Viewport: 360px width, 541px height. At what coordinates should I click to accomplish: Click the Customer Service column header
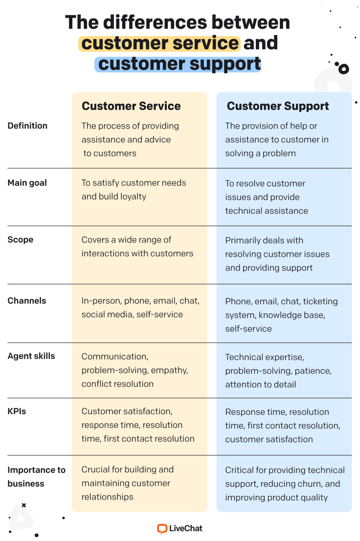click(x=131, y=106)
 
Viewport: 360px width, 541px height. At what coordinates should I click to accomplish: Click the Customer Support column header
click(x=278, y=106)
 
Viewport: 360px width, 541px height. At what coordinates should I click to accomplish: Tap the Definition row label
click(x=27, y=126)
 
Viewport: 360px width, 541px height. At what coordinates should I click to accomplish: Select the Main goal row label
click(x=27, y=183)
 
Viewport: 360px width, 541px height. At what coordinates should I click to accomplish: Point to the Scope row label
click(x=21, y=240)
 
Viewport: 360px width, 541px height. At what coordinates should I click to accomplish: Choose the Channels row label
click(x=27, y=301)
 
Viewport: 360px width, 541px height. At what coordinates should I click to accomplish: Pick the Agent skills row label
click(x=31, y=356)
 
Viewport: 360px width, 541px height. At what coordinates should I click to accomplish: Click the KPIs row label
click(x=17, y=411)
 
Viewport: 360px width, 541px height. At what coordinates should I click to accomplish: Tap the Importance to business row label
click(x=36, y=476)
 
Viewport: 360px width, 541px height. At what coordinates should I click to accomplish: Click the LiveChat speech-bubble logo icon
click(x=162, y=528)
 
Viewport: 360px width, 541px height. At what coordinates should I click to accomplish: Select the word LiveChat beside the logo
click(x=186, y=528)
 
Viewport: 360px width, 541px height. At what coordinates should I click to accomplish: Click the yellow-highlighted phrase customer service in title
click(x=159, y=43)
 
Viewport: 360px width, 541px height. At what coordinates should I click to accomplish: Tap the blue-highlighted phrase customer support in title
click(x=180, y=64)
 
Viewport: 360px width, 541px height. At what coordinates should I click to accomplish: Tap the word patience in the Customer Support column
click(x=314, y=371)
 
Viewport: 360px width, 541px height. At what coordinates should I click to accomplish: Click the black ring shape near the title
click(x=343, y=69)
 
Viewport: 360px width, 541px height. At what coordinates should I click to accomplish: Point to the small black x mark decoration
click(x=24, y=505)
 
